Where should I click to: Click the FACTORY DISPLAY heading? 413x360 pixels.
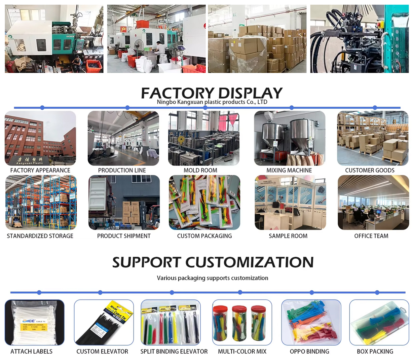212,92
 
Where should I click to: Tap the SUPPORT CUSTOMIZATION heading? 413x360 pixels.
213,262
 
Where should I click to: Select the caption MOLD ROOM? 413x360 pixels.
200,170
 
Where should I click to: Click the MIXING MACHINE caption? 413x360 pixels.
289,170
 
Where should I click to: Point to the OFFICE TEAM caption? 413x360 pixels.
371,236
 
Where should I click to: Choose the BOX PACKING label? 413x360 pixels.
375,351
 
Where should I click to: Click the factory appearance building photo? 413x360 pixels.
40,138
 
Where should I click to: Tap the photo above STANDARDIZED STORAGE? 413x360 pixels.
41,202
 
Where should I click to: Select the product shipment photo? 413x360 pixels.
124,202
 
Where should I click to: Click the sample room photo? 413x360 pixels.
290,202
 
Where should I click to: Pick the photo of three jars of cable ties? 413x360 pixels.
242,322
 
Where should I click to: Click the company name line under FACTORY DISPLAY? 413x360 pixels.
212,102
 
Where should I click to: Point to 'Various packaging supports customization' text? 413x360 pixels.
212,278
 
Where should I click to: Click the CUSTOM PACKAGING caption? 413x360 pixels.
204,236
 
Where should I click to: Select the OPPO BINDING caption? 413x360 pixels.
309,351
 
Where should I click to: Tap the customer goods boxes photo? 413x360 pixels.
373,138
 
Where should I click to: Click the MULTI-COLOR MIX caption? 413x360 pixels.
242,351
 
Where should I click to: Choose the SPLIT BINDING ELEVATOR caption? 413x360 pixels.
174,351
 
